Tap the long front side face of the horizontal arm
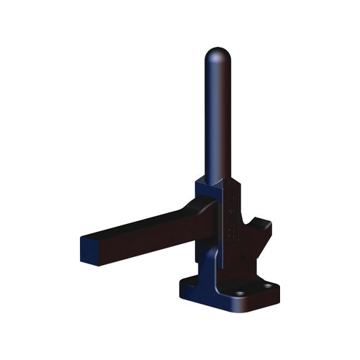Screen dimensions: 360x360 tap(144, 238)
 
